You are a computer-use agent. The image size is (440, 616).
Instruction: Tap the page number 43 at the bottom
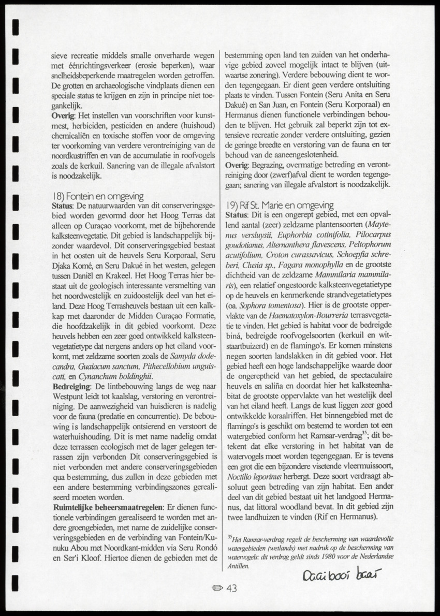point(231,588)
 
